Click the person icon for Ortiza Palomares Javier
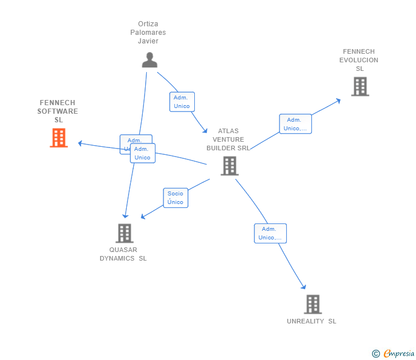(150, 60)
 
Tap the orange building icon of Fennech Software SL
(59, 138)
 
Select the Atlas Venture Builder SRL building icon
(229, 166)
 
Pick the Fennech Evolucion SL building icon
(360, 86)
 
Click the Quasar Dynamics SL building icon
(125, 233)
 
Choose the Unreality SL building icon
(313, 304)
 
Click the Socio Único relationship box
(175, 198)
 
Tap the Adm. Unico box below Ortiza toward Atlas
(182, 102)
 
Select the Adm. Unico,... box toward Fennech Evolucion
(295, 124)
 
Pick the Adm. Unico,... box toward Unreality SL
(270, 233)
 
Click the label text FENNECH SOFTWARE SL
(58, 111)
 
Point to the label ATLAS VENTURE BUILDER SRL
(229, 139)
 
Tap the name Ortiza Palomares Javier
(148, 33)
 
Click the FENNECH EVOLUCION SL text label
(359, 60)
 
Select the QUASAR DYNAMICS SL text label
(123, 254)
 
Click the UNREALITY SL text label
(311, 321)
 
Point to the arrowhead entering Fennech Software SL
(81, 143)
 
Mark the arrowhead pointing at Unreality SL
(304, 287)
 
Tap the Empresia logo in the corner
(394, 354)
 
